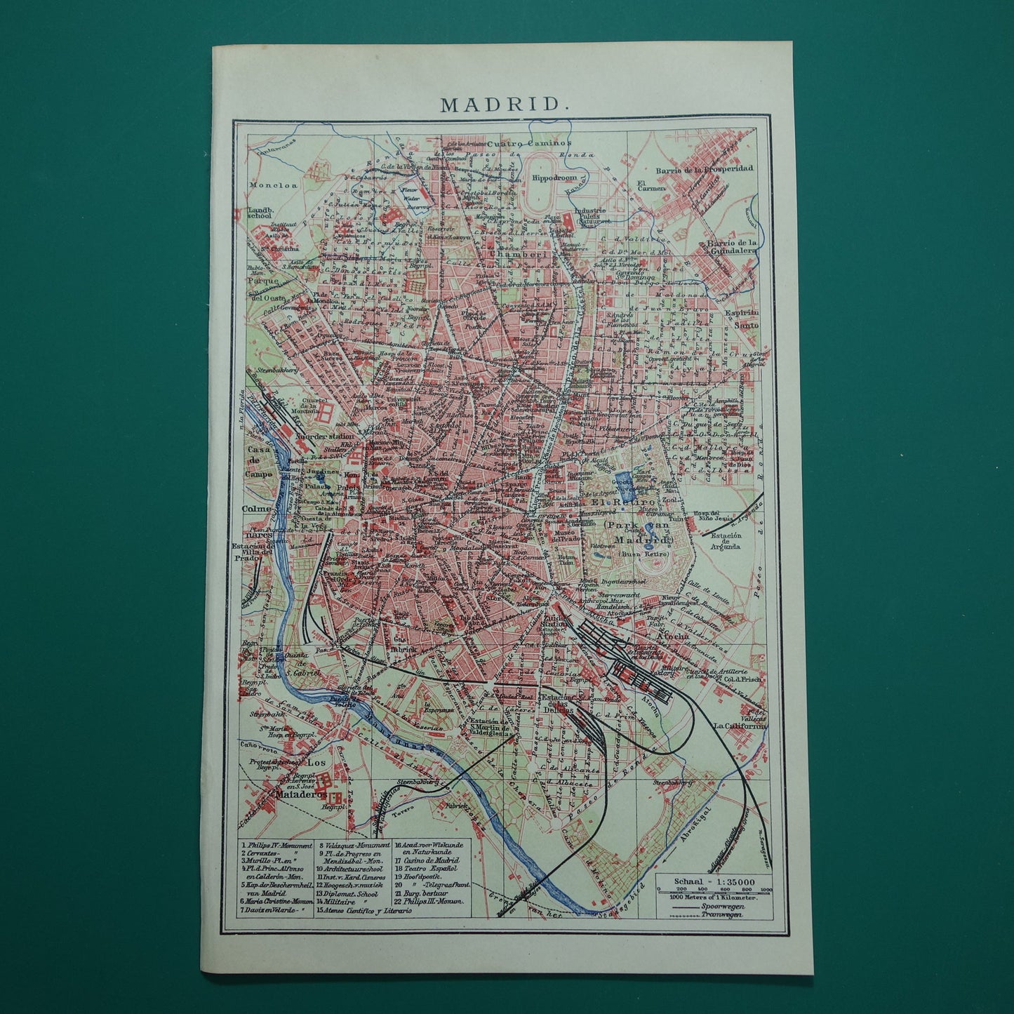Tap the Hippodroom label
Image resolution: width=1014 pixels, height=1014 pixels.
(554, 178)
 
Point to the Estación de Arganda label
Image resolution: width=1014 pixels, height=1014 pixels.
(726, 542)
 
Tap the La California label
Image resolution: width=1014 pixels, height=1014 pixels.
(740, 726)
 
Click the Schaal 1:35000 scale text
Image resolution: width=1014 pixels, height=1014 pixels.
(714, 882)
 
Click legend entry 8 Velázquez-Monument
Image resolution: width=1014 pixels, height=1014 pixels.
(354, 846)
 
